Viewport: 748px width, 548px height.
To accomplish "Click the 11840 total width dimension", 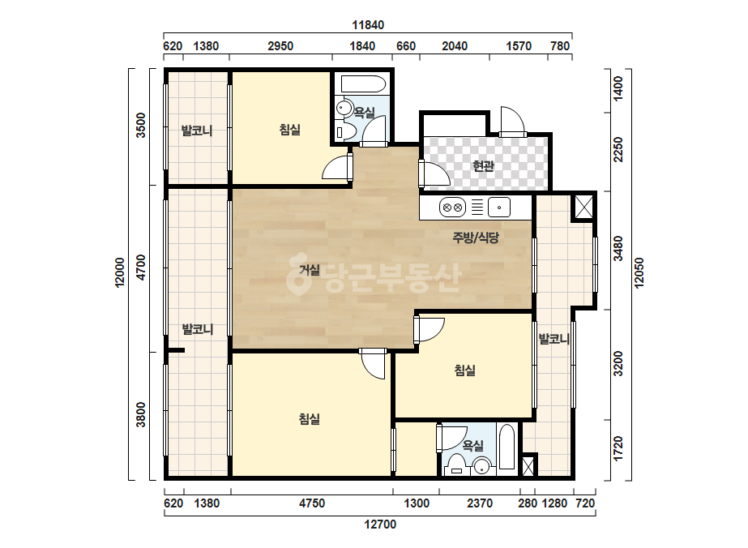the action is click(x=368, y=25).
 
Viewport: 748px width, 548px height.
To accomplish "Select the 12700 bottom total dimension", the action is click(x=380, y=524).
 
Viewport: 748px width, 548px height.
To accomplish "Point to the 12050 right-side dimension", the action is click(x=639, y=272).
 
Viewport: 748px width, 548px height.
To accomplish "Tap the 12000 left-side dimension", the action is click(x=119, y=272).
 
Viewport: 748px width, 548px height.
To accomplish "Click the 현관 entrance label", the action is click(x=483, y=166).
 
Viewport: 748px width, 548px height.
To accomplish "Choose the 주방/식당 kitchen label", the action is click(x=476, y=238).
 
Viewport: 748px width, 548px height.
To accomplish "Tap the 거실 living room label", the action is click(x=310, y=270).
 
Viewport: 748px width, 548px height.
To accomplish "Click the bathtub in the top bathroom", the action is click(x=363, y=84).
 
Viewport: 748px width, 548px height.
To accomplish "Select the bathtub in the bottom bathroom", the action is click(x=507, y=447).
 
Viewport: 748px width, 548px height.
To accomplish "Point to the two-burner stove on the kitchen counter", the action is click(x=452, y=208).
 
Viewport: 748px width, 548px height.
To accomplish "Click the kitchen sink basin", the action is click(x=499, y=208).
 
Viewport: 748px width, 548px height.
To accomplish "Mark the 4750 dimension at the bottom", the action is click(x=312, y=503).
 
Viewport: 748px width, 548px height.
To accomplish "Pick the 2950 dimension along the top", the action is click(x=280, y=46).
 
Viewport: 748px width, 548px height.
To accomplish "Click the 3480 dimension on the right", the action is click(x=618, y=248).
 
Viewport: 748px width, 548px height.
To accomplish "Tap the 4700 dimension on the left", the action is click(x=140, y=268).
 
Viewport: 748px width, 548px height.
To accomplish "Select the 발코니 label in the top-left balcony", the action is click(x=197, y=131).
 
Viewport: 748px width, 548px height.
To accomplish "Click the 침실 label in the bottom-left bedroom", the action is click(x=310, y=419).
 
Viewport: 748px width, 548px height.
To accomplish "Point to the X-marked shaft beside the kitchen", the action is click(x=583, y=207).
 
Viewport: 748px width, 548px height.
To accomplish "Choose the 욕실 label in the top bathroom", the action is click(x=364, y=113).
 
